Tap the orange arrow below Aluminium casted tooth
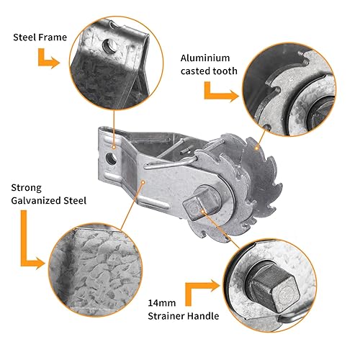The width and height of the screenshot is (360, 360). (220, 92)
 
